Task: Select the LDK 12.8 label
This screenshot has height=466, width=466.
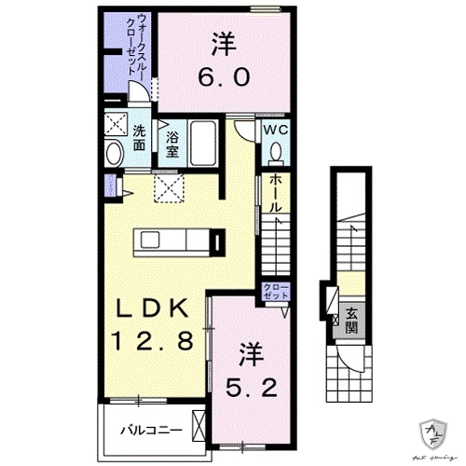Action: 154,325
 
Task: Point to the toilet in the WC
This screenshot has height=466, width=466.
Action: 276,151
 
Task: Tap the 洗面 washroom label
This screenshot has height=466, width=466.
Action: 138,138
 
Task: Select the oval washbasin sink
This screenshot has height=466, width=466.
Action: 114,155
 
